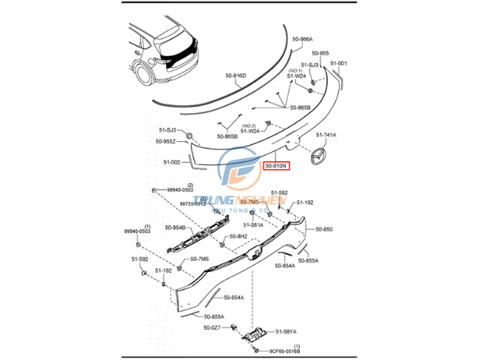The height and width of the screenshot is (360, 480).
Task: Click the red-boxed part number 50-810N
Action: point(277,166)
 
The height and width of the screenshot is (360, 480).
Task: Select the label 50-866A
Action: point(302,38)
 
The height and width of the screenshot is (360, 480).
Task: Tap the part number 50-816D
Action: point(236,75)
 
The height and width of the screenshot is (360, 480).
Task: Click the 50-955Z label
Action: point(166,141)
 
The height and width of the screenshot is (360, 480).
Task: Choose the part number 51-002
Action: point(171,163)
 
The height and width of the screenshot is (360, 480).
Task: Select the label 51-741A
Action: point(326,135)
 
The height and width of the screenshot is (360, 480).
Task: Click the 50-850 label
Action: point(326,229)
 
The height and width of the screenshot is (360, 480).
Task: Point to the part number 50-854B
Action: point(176,227)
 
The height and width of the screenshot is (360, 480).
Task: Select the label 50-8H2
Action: point(238,237)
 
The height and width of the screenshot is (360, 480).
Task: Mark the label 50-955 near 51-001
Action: point(320,53)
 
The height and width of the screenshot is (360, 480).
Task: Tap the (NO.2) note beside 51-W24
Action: point(250,126)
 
